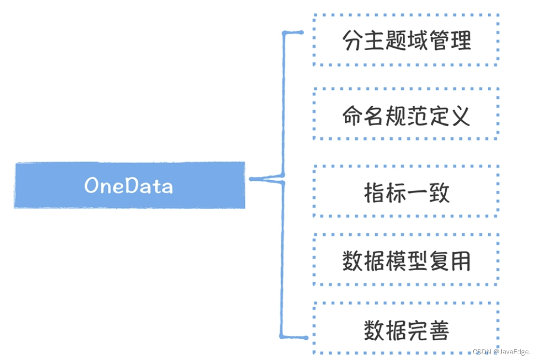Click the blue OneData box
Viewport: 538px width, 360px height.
point(129,186)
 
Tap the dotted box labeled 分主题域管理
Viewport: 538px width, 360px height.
point(406,40)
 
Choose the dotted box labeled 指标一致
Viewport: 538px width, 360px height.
point(406,192)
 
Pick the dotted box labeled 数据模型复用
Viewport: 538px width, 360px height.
point(406,261)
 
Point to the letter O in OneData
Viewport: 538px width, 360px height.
point(92,186)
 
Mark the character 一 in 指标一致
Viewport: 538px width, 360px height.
point(417,193)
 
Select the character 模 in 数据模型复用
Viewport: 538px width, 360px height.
point(396,262)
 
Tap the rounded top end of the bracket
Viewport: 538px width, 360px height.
point(301,33)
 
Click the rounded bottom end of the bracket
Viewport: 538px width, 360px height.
point(305,337)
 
